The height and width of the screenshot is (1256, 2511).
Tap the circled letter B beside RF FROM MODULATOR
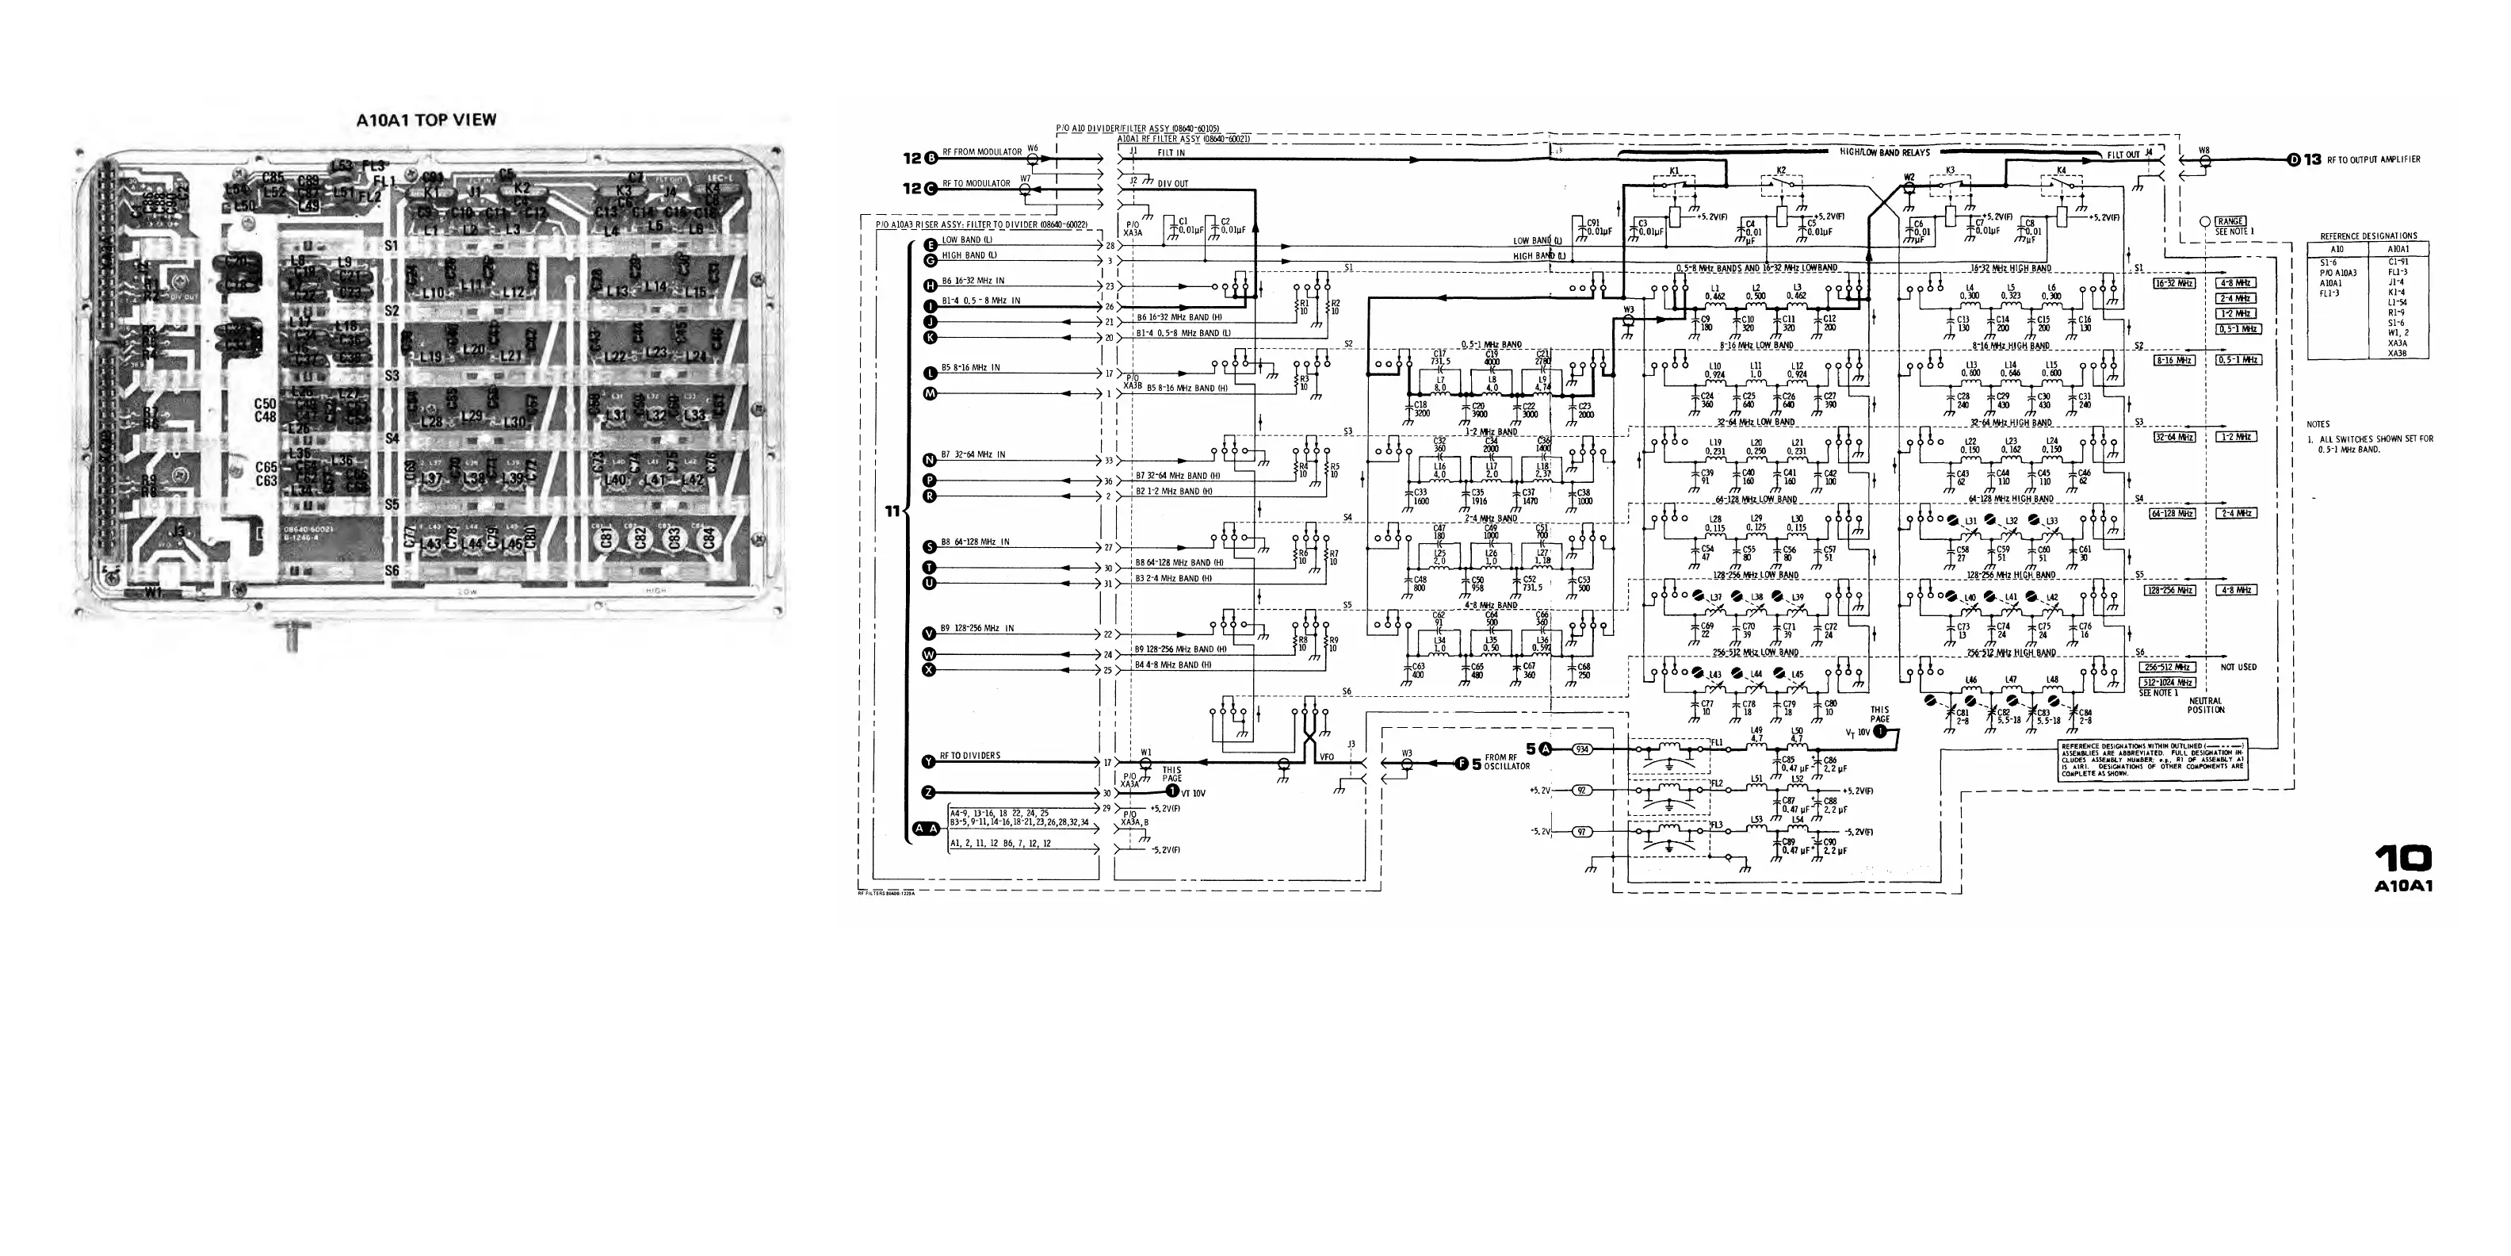[931, 158]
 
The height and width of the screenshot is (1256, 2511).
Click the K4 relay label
[2061, 171]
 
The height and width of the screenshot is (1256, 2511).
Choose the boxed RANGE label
[2230, 221]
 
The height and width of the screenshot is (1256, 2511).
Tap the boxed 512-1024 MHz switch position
[2166, 683]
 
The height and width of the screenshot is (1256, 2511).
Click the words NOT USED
[2239, 667]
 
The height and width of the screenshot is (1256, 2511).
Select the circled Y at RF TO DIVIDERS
[929, 761]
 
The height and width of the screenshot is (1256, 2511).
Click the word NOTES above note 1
[2318, 424]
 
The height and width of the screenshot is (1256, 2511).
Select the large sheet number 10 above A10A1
[2402, 858]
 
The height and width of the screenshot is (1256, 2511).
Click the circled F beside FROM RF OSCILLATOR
[1461, 764]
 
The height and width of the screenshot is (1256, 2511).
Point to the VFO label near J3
[1326, 756]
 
